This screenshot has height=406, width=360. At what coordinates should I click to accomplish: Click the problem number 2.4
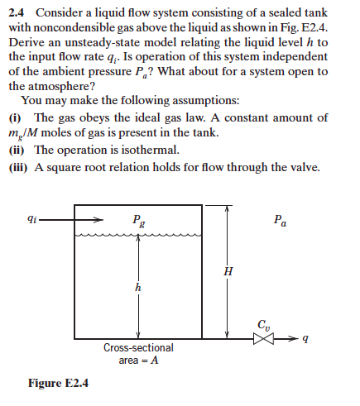pos(18,12)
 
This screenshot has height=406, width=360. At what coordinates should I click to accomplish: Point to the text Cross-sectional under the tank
pos(138,348)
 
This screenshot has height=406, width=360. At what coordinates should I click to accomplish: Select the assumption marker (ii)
pos(17,150)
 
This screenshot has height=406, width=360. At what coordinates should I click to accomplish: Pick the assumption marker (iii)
pos(19,166)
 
